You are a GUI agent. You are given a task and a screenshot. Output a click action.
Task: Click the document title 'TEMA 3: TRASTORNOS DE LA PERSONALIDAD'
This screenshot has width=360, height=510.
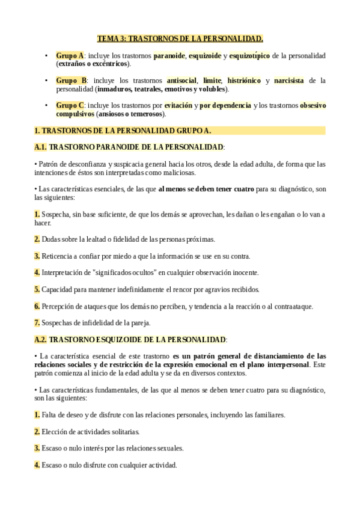180,39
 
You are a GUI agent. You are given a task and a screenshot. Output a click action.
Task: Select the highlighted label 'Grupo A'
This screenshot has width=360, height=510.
70,55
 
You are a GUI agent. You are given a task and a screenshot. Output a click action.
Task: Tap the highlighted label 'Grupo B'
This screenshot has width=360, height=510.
71,80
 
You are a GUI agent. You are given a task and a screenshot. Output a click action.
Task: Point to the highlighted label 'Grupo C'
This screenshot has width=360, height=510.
70,105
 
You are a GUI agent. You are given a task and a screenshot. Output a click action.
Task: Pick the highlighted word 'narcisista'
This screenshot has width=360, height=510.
288,80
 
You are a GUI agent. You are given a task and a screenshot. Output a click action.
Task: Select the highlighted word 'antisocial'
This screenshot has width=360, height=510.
181,80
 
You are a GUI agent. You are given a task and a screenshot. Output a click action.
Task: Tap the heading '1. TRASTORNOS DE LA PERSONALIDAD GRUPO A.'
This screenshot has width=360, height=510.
123,131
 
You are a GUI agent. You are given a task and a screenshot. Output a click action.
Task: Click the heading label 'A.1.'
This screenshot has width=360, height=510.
41,147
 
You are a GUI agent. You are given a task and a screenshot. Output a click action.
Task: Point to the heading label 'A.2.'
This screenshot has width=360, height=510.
41,339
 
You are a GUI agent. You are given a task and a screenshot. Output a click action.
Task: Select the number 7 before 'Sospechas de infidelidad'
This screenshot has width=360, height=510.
37,322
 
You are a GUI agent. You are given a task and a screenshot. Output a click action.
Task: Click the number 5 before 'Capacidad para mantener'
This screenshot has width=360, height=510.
37,289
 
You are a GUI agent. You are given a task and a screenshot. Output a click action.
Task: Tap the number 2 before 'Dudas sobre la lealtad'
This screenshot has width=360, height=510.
37,239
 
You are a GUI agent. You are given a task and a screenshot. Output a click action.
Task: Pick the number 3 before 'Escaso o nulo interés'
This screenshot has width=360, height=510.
37,448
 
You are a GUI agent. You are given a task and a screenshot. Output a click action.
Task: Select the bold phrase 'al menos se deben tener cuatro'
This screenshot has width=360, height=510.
206,189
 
